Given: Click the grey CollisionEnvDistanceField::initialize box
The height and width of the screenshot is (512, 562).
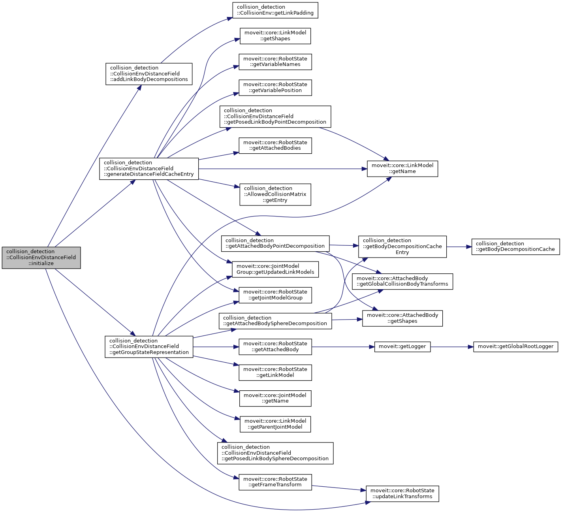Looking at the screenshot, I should click(41, 258).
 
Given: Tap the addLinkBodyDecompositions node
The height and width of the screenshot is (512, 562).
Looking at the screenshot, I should click(149, 74).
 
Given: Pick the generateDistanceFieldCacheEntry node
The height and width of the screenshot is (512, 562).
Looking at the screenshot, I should click(149, 169).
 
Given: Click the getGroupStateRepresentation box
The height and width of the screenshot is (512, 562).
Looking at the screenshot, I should click(149, 347).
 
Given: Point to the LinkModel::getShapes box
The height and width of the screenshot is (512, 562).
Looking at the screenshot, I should click(275, 36).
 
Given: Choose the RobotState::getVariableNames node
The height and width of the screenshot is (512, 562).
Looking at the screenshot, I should click(275, 62).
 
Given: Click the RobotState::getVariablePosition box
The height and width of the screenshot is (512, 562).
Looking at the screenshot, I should click(275, 87).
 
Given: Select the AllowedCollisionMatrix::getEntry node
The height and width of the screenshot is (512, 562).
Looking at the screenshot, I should click(275, 194).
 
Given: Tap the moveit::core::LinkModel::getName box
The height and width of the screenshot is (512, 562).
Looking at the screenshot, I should click(402, 169).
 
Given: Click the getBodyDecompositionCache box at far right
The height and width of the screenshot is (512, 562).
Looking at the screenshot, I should click(515, 247).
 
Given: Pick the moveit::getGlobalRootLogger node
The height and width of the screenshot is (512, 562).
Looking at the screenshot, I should click(515, 347).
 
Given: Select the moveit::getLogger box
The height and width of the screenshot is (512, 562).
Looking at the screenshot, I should click(402, 347).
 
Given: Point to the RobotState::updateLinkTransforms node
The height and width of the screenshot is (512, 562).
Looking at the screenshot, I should click(402, 494).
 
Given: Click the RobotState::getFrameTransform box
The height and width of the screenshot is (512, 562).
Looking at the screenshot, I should click(275, 482).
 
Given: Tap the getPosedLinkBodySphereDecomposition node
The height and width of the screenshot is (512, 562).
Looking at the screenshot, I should click(275, 453).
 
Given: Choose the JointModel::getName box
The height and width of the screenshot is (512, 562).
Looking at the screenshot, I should click(275, 398).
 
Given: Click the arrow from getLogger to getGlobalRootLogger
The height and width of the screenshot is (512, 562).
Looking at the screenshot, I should click(452, 347).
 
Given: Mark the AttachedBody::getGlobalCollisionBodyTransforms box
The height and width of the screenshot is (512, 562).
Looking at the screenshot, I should click(402, 281).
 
